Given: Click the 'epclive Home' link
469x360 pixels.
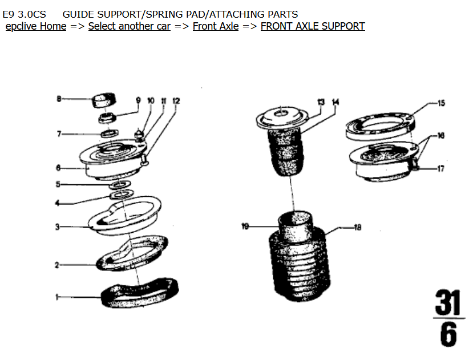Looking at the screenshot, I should [x=36, y=26].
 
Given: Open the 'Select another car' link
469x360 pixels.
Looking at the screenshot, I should [x=130, y=26].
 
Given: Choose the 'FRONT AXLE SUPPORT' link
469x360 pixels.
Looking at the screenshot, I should [x=313, y=26].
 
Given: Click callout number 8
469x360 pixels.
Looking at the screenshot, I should [x=58, y=99].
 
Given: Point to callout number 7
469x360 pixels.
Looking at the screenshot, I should [x=58, y=134].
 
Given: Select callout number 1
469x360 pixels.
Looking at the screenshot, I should [x=57, y=297].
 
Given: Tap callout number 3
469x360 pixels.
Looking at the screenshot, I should [x=57, y=227].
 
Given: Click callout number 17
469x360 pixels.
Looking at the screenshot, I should [x=441, y=169].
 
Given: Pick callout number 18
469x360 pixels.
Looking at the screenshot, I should [x=358, y=228].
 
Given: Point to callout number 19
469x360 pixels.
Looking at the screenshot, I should [x=245, y=227].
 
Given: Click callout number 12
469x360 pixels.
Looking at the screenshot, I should [x=176, y=101].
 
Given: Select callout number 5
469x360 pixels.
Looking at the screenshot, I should [x=58, y=184].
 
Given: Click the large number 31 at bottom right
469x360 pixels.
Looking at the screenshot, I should [x=448, y=303].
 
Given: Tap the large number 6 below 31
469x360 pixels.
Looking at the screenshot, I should [x=448, y=335].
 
